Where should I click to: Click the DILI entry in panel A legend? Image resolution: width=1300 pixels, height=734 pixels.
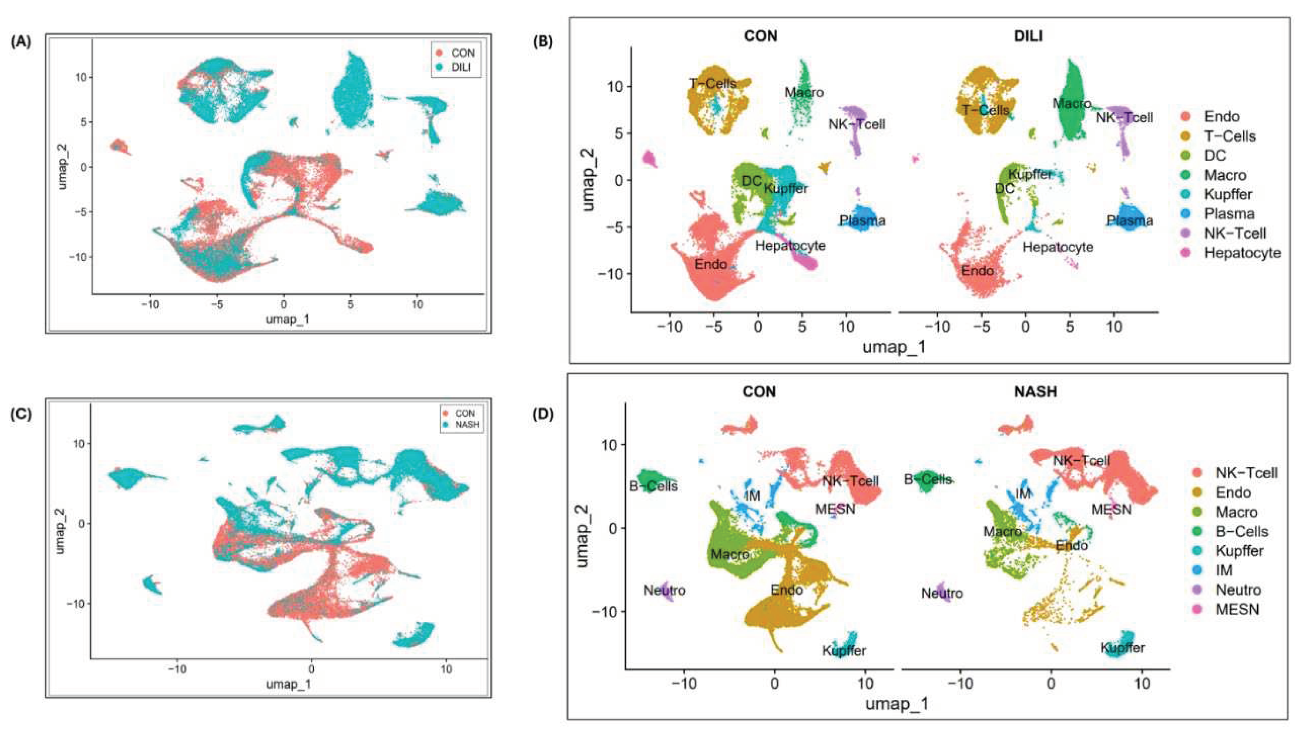pyautogui.click(x=460, y=68)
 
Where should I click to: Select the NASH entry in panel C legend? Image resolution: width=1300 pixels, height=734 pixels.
pyautogui.click(x=467, y=425)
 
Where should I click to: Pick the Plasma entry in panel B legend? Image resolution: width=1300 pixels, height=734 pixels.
pyautogui.click(x=1229, y=214)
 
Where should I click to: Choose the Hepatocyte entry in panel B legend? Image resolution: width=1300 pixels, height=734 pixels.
pyautogui.click(x=1242, y=253)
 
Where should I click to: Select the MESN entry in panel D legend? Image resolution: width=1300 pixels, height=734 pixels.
pyautogui.click(x=1237, y=609)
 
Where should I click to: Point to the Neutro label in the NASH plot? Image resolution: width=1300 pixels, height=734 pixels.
pyautogui.click(x=942, y=593)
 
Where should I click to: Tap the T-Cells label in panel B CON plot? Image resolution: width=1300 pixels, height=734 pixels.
pyautogui.click(x=712, y=83)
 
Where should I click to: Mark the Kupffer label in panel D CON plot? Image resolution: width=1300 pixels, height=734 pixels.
pyautogui.click(x=844, y=651)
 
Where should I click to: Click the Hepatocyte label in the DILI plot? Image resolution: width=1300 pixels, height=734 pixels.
pyautogui.click(x=1058, y=247)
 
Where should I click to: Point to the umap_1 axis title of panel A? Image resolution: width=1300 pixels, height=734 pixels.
pyautogui.click(x=288, y=319)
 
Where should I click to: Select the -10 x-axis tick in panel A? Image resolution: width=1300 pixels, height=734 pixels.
pyautogui.click(x=150, y=305)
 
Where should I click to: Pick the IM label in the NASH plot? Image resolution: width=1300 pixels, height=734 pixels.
pyautogui.click(x=1023, y=494)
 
